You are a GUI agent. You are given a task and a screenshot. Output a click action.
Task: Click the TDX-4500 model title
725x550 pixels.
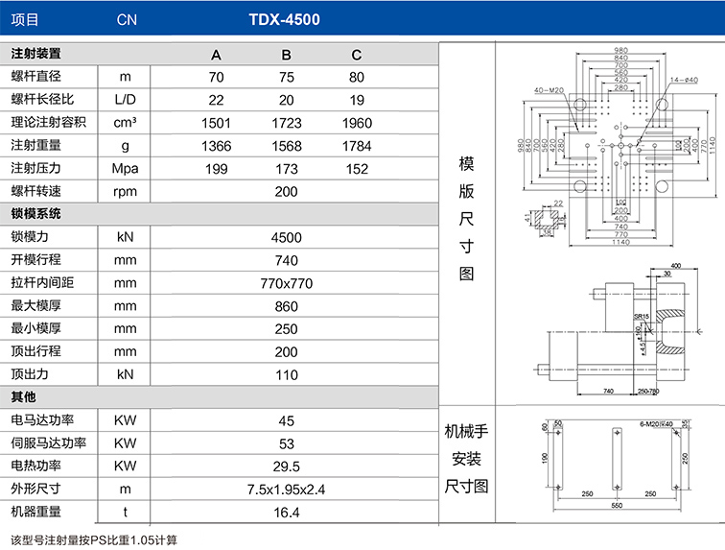[285, 19]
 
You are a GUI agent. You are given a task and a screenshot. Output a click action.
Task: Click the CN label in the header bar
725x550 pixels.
[127, 19]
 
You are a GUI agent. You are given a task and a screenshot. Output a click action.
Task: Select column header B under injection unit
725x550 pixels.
[286, 54]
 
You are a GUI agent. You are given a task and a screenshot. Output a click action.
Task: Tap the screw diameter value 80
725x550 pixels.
[356, 77]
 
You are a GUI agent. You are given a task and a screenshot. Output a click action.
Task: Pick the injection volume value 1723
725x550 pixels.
[286, 123]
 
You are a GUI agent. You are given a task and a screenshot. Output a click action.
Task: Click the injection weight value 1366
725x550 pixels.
[217, 146]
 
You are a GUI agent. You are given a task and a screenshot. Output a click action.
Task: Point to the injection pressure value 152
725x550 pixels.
[356, 169]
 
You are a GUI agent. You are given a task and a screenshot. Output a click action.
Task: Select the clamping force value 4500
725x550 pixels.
[286, 238]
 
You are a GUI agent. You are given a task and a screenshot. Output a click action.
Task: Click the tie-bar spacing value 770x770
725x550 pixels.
[286, 284]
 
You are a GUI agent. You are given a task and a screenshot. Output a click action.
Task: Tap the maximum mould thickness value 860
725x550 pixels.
[286, 307]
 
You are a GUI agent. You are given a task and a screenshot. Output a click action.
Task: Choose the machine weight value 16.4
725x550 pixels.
[286, 513]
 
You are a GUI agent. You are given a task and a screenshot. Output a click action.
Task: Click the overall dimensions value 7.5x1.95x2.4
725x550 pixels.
[286, 490]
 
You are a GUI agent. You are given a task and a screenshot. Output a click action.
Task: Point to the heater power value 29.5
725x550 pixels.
[286, 466]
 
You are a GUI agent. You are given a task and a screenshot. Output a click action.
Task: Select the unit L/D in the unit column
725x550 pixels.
[126, 100]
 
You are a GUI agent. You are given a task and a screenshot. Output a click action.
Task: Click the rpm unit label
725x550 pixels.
[126, 192]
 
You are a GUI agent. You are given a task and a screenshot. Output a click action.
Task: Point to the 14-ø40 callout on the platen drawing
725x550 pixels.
[684, 80]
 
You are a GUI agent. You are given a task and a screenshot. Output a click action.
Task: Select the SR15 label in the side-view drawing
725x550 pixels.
[642, 316]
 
